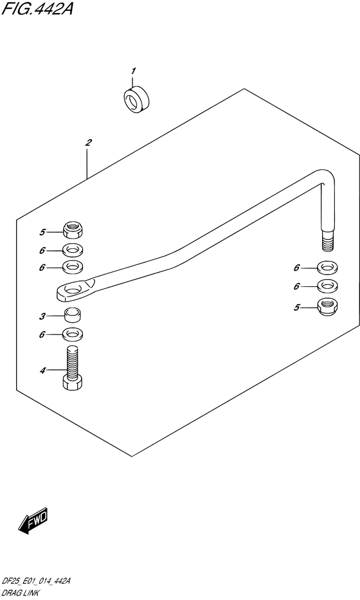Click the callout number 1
(x=134, y=71)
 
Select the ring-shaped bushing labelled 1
(x=136, y=100)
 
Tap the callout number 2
(x=88, y=143)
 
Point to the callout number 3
(x=42, y=316)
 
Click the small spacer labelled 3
(x=73, y=315)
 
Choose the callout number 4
(x=42, y=370)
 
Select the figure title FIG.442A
(x=37, y=8)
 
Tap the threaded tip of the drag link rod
(x=327, y=242)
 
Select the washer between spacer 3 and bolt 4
(x=73, y=334)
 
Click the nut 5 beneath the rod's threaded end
(x=327, y=307)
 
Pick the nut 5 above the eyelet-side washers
(x=73, y=230)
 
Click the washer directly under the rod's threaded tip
(x=327, y=267)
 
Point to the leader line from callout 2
(x=87, y=165)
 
